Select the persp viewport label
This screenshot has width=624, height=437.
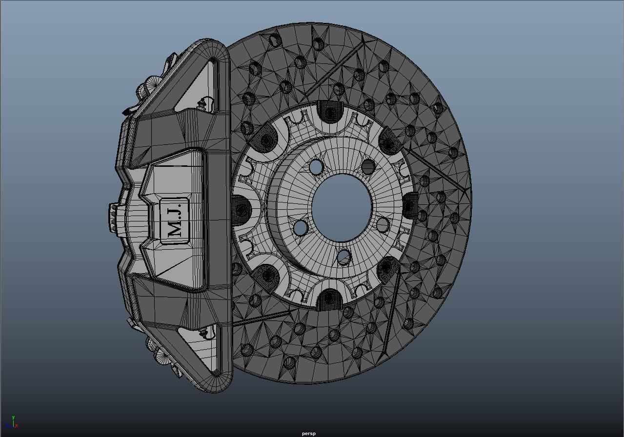[x=308, y=433]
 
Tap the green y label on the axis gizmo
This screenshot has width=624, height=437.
[x=13, y=417]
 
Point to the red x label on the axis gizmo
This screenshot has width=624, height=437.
[x=17, y=426]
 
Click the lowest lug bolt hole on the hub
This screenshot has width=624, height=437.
[x=343, y=257]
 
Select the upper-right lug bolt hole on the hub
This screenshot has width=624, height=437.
[x=368, y=167]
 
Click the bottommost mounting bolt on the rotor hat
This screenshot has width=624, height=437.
[x=330, y=297]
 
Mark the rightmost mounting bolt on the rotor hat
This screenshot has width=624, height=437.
[x=409, y=206]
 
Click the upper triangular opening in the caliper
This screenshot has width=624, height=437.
[x=200, y=93]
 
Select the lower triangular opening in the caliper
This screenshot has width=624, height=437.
[x=198, y=341]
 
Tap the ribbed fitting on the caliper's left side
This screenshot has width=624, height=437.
[x=113, y=217]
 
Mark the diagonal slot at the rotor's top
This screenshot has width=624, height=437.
[x=337, y=68]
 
